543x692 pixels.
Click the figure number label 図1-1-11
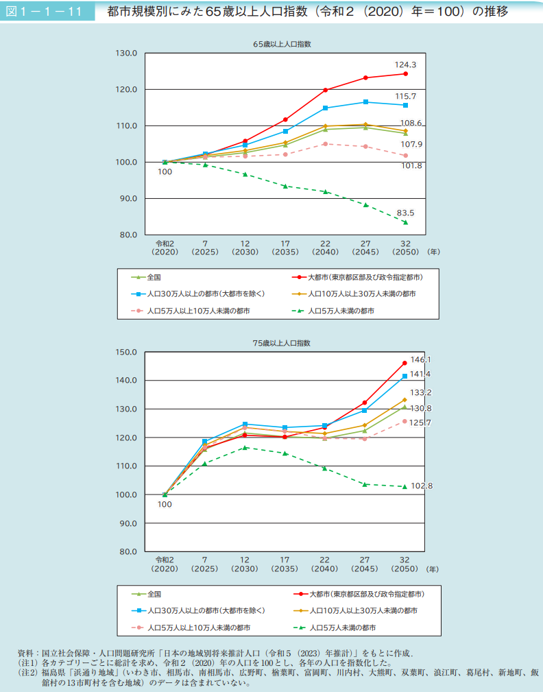coord(47,12)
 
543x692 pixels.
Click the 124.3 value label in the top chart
coord(405,64)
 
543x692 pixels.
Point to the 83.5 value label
coord(405,213)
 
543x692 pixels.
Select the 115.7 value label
coord(405,96)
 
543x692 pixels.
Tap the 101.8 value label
coord(411,166)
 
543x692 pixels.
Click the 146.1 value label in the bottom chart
coord(420,359)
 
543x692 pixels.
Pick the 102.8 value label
coord(421,486)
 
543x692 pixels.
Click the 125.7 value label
coord(420,422)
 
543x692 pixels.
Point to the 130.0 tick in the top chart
coord(128,53)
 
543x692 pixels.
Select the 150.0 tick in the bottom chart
coord(128,352)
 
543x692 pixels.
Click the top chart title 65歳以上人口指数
coord(282,44)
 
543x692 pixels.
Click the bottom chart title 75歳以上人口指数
coord(282,342)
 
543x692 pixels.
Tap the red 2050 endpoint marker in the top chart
coord(405,73)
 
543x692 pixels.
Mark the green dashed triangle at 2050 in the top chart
coord(405,222)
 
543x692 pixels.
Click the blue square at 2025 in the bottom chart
coord(205,441)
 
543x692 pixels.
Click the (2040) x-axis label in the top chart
coord(325,252)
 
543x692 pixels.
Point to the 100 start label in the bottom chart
coord(165,504)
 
